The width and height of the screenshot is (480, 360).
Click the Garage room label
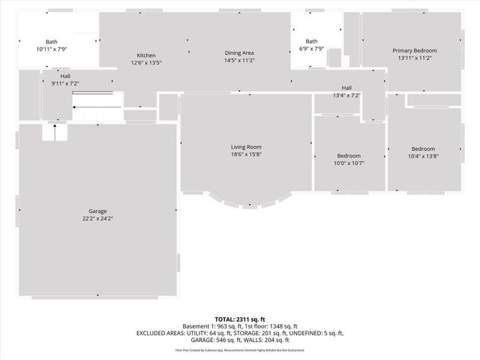point(97,211)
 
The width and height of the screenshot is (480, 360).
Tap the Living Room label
point(246,147)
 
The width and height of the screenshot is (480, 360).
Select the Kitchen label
point(146,55)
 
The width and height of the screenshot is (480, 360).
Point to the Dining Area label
point(240,52)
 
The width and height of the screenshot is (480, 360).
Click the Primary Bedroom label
point(415,50)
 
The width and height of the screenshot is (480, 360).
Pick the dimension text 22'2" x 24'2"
point(97,219)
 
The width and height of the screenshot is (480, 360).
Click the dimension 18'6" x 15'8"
point(246,154)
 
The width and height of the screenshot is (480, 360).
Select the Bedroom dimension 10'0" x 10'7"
point(348,163)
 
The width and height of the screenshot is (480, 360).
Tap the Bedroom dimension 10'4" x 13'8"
point(422,157)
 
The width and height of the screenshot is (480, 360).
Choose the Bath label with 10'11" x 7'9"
point(51,42)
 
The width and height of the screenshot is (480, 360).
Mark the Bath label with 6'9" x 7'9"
point(311,42)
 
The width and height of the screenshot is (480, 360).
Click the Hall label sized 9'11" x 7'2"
point(66,76)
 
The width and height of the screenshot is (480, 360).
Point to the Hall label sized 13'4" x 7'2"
point(346,88)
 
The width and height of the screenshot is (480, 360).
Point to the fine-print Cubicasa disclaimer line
point(240,350)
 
